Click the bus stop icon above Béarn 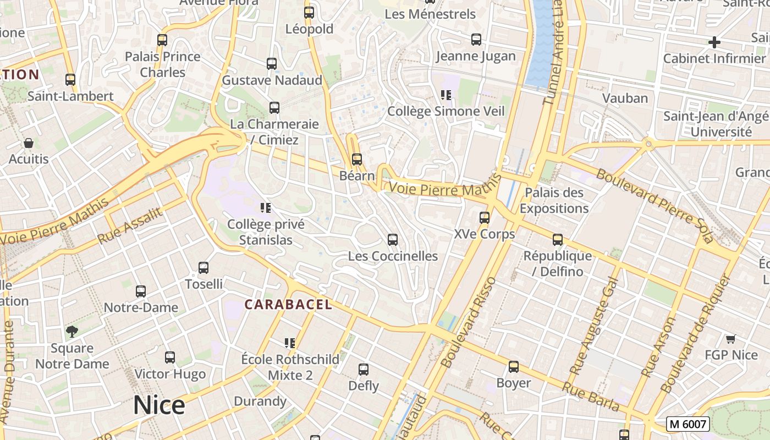point(357,159)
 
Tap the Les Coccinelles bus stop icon point(393,240)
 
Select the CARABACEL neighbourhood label point(288,304)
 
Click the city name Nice point(159,405)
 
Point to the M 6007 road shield point(687,424)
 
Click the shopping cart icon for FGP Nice point(730,339)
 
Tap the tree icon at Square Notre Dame point(72,331)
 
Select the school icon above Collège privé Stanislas point(266,208)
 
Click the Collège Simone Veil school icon point(446,95)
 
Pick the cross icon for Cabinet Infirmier point(714,42)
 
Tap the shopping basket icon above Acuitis point(29,143)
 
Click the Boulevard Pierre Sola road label point(654,206)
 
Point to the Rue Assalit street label point(130,226)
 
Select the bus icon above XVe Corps point(485,217)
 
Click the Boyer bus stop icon point(514,366)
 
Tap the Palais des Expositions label point(554,200)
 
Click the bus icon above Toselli point(204,268)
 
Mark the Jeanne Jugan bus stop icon point(476,40)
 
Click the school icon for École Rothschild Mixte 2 point(290,343)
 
